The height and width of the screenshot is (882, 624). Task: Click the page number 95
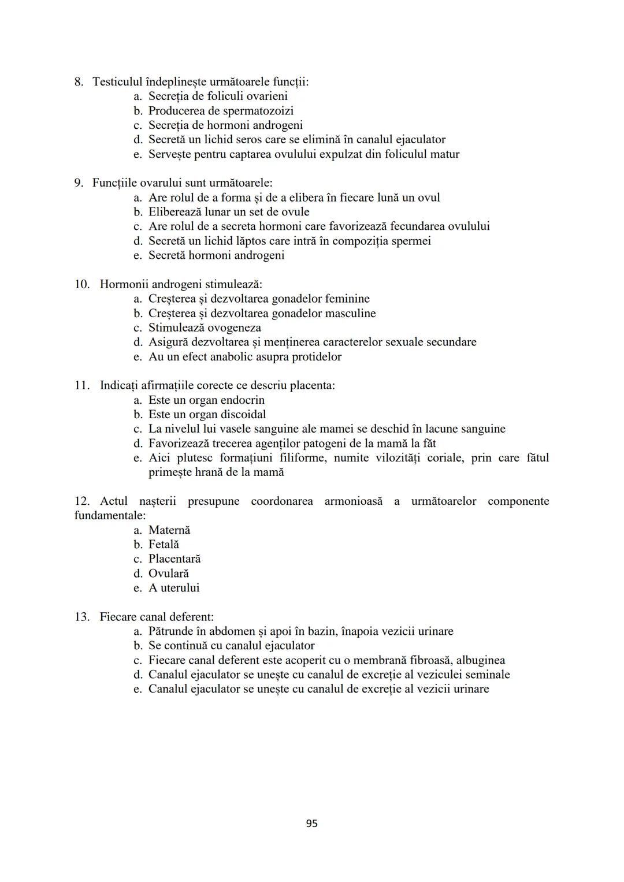[311, 824]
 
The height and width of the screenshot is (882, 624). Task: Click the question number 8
[79, 82]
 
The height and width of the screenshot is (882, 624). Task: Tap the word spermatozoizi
[258, 111]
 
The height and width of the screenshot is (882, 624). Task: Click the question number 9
[79, 183]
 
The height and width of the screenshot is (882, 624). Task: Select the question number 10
[82, 284]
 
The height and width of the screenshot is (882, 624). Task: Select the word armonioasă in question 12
[353, 501]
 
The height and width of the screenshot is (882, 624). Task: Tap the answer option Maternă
[169, 530]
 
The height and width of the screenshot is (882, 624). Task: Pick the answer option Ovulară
[169, 574]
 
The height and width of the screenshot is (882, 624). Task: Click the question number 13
[82, 617]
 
